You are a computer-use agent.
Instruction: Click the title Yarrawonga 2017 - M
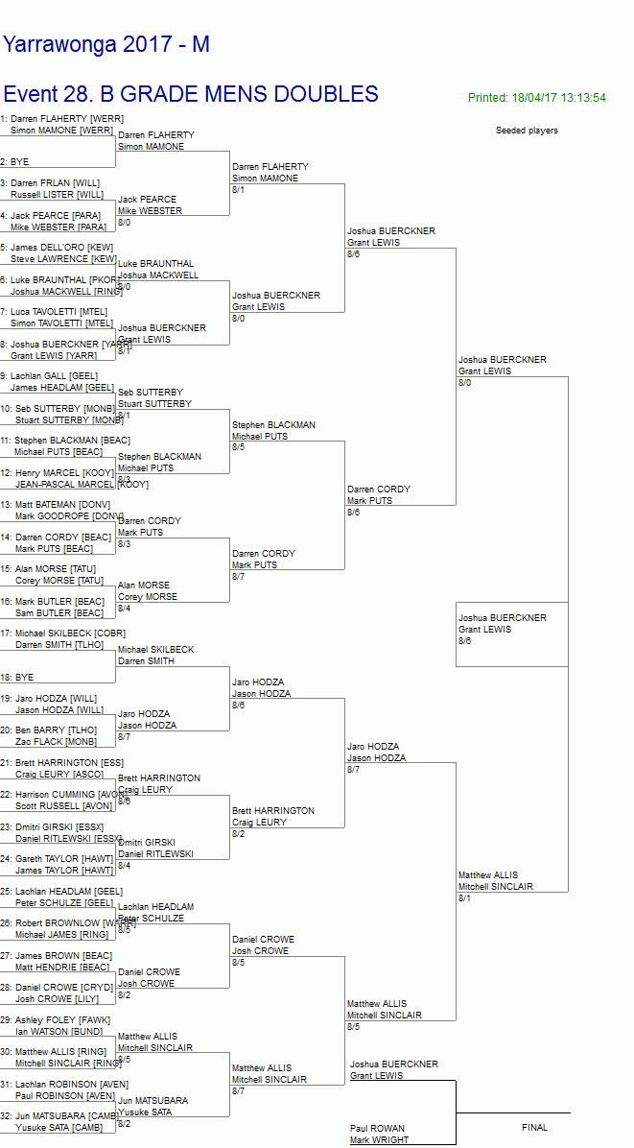pos(106,45)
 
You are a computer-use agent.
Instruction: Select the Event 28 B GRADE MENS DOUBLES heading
pos(191,94)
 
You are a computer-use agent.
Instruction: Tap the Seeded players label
pos(527,131)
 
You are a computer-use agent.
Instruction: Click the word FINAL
pos(534,1128)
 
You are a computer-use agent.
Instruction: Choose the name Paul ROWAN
pos(377,1129)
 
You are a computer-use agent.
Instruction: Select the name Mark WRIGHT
pos(379,1140)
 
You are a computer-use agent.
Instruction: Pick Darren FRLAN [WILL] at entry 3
pos(55,182)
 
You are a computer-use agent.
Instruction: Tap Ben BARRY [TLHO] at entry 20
pos(56,730)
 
